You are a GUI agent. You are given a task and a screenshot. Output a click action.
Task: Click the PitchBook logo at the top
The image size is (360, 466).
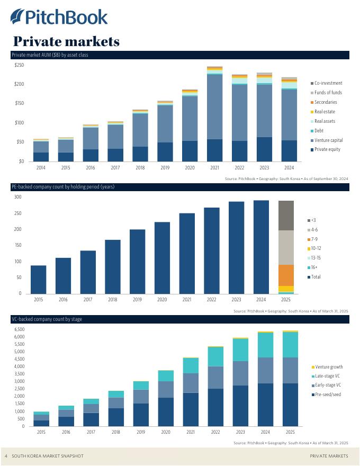(59, 17)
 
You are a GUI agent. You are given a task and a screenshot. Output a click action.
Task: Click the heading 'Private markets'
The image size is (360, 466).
(66, 41)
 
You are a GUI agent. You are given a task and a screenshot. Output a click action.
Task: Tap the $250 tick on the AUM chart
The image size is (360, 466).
(19, 65)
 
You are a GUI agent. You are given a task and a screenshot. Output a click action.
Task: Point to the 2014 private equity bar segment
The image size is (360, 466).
(41, 157)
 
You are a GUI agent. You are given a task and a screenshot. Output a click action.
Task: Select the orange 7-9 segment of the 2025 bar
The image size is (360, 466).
(286, 275)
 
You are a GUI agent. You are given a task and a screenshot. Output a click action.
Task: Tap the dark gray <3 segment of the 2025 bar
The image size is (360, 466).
(286, 216)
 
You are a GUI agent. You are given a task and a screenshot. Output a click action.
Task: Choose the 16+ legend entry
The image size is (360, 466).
(315, 267)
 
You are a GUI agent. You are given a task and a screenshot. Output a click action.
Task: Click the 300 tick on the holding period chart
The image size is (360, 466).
(17, 197)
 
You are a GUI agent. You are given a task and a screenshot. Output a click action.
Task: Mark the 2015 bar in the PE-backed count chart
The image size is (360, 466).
(39, 279)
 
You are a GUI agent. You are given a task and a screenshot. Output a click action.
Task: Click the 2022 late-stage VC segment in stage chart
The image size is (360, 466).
(215, 356)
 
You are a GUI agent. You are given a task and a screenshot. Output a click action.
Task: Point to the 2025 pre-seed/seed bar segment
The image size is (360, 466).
(290, 405)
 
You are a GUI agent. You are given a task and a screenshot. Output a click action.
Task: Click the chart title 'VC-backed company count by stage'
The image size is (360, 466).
(47, 319)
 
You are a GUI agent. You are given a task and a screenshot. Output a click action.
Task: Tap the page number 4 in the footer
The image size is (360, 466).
(6, 456)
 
